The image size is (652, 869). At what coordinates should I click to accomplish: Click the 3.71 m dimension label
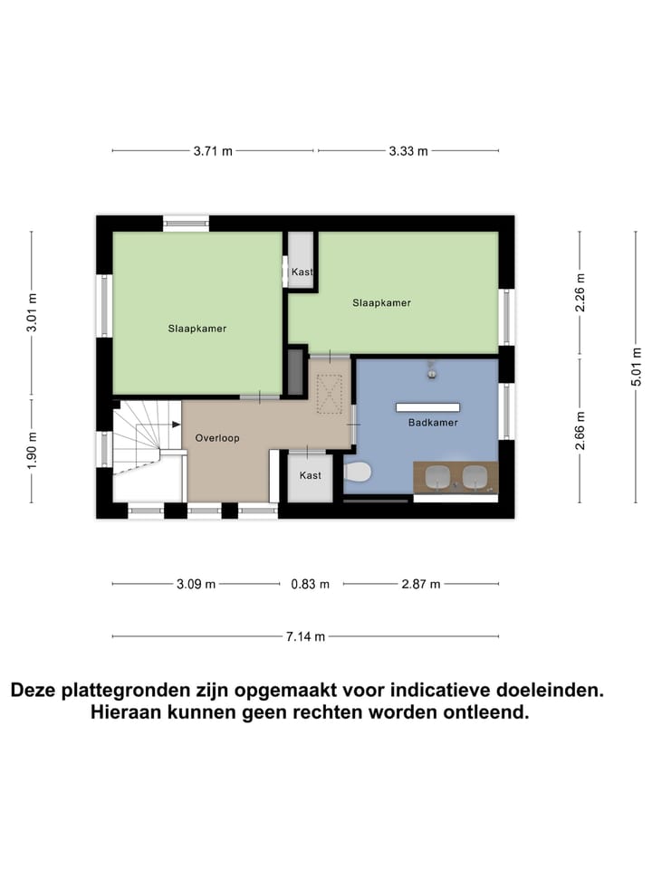(213, 151)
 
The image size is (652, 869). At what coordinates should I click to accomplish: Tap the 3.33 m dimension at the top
(407, 151)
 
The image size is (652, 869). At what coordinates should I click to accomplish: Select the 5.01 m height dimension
(637, 367)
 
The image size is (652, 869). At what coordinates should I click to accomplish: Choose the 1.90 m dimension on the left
(33, 448)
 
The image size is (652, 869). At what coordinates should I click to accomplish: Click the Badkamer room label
(433, 423)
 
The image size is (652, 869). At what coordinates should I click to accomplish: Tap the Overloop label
(217, 438)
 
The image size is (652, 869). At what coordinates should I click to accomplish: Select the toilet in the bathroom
(358, 473)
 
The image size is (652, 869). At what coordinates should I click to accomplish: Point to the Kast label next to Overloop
(310, 475)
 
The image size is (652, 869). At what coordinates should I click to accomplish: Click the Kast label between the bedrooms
(302, 272)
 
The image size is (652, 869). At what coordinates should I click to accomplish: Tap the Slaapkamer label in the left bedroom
(197, 329)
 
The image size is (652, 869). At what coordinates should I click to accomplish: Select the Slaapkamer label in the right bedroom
(381, 303)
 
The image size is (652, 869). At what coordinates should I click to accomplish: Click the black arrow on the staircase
(176, 424)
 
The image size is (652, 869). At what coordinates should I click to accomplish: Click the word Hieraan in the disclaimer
(128, 712)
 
